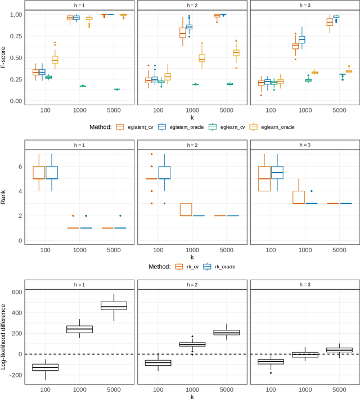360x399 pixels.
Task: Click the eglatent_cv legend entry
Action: pos(134,127)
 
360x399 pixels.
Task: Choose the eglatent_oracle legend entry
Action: pos(180,127)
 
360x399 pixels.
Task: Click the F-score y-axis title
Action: pos(4,57)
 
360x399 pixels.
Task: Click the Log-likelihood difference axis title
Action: pos(4,335)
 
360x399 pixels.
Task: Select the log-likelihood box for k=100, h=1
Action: pos(44,367)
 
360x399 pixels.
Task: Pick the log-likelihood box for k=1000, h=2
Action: pos(192,344)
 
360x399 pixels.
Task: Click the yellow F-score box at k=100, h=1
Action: pos(55,60)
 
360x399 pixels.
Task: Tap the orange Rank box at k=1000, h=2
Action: pos(186,209)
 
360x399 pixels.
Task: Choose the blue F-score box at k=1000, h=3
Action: pos(302,39)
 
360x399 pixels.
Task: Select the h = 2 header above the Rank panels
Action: pos(192,145)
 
